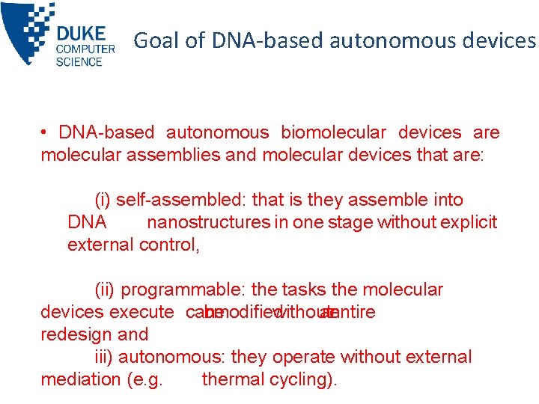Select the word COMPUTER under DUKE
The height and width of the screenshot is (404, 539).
(x=85, y=49)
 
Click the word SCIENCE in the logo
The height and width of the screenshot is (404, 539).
(x=79, y=61)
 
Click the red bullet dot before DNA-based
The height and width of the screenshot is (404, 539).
(x=46, y=133)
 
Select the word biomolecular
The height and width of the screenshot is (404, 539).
(x=333, y=133)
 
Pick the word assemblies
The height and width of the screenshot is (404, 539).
(x=197, y=156)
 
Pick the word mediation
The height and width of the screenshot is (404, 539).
(x=82, y=380)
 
